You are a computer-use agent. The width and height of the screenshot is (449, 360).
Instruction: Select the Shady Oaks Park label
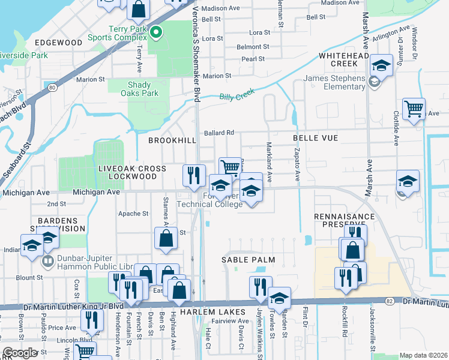[x=139, y=89]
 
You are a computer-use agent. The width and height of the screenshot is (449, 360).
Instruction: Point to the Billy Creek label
[x=237, y=95]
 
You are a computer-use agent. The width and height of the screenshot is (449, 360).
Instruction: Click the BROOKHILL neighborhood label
[x=173, y=140]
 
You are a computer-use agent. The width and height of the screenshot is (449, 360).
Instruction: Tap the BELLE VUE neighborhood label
[x=315, y=138]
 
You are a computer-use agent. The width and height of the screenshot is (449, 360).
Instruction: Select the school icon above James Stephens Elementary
[x=381, y=65]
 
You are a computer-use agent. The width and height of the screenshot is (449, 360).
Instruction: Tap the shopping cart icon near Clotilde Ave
[x=414, y=109]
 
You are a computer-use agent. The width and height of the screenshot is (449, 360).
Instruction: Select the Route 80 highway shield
[x=53, y=87]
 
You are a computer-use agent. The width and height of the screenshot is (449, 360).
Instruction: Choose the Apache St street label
[x=133, y=214]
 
